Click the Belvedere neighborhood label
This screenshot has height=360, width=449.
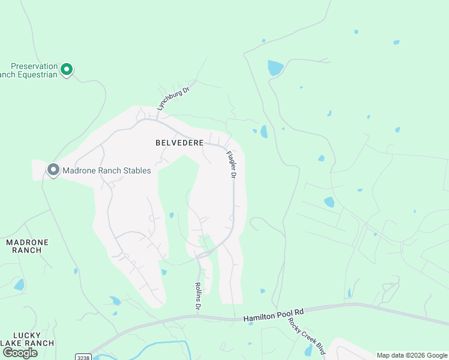pos(179,143)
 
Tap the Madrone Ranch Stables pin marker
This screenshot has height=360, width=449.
pos(53,170)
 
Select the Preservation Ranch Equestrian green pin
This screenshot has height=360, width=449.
pos(67,70)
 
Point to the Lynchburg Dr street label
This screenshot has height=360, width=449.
pos(173,96)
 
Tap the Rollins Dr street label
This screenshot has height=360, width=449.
pos(197,296)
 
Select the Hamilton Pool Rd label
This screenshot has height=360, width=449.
pos(274,315)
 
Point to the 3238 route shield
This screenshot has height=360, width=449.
pos(83,357)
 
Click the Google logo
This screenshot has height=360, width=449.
pos(19,353)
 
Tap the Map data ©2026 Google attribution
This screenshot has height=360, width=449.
pos(412,355)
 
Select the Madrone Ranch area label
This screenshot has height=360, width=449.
pos(26,246)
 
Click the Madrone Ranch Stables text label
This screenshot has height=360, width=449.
pos(107,170)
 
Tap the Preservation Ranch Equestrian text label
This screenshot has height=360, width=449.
pos(33,70)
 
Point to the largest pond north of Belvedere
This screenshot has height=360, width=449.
pos(275,67)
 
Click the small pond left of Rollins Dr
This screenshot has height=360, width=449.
pos(172,215)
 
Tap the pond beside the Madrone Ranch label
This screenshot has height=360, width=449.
pos(19,284)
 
